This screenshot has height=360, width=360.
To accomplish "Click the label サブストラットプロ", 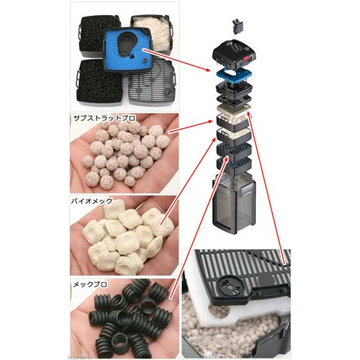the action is [104, 118].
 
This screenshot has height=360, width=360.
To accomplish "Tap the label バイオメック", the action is [91, 201].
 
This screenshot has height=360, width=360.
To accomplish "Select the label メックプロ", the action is [90, 284].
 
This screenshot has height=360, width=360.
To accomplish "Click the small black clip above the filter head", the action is [238, 26].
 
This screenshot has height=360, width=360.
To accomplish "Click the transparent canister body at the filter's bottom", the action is [235, 204].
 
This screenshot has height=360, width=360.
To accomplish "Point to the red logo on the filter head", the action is [248, 57].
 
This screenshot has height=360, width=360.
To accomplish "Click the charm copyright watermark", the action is [79, 357].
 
